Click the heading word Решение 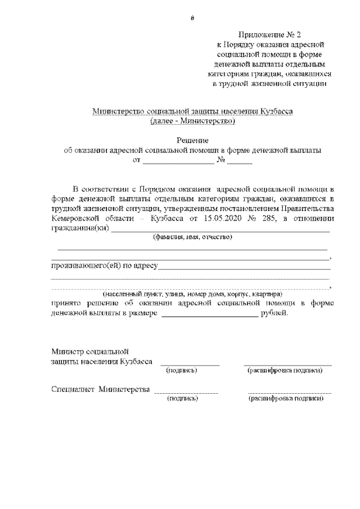click(192, 140)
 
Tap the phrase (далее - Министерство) click(192, 121)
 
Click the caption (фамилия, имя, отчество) click(193, 237)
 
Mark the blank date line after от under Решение click(178, 163)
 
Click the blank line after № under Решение click(240, 163)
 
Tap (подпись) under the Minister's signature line click(181, 371)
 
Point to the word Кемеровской click(76, 219)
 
